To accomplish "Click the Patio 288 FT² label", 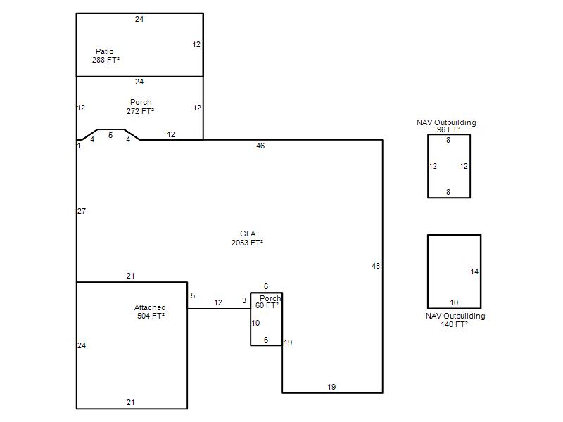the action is pos(106,56).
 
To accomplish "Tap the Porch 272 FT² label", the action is pos(140,107).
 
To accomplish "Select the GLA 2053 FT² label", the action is pos(247,238).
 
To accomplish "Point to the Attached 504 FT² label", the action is pos(150,312).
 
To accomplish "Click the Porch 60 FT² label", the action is pos(268,302).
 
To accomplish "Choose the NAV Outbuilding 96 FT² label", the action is pos(446,126).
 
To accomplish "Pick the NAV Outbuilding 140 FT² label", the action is pos(455,320).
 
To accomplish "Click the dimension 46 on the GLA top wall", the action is pos(260,146).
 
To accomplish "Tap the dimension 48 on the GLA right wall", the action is pos(376,266).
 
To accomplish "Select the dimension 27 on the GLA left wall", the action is pos(82,211).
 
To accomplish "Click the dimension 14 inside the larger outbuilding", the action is pos(474,271).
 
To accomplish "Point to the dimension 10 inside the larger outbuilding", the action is pos(454,302).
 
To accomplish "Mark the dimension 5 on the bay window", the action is pos(110,135).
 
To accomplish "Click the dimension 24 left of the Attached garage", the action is pos(82,345).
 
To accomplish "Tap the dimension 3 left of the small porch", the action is pos(244,300).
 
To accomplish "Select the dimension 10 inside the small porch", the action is pos(255,323).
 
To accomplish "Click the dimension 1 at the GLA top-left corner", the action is pos(79,146).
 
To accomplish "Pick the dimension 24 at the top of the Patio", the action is pos(139,19).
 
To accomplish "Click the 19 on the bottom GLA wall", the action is pos(331,387).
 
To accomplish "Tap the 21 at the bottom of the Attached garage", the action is pos(131,402).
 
